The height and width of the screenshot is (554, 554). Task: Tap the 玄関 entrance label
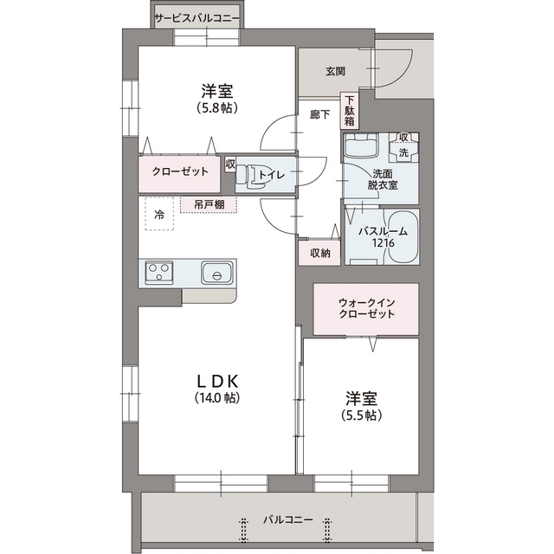click(x=335, y=71)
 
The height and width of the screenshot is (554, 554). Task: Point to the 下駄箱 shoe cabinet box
click(x=351, y=110)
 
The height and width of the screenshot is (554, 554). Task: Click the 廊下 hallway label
click(x=319, y=114)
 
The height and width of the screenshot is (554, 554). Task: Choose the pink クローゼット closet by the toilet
click(x=180, y=171)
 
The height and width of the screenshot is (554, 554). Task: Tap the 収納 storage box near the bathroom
click(x=319, y=253)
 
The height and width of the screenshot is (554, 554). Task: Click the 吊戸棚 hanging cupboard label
click(x=209, y=204)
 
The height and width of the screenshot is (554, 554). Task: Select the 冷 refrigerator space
click(x=158, y=214)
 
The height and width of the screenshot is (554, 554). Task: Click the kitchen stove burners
click(x=158, y=273)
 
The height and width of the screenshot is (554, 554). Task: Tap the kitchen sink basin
click(x=215, y=273)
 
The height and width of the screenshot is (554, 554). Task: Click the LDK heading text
click(x=216, y=382)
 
